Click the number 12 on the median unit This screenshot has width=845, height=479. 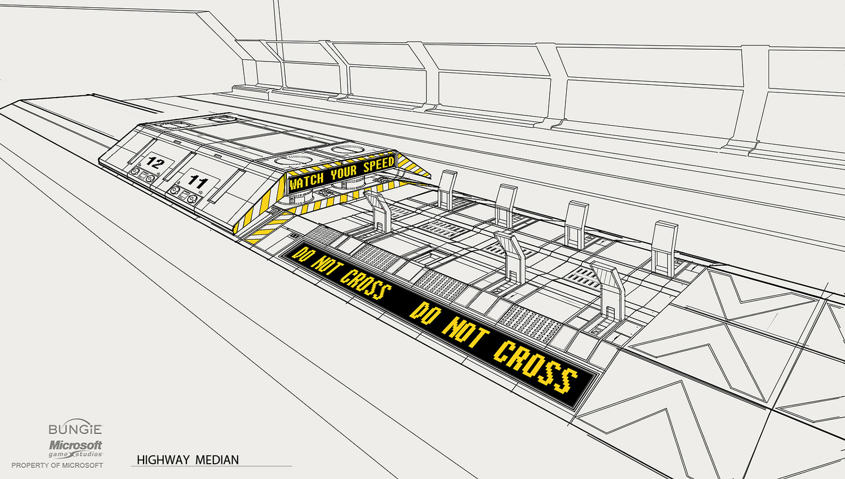154,163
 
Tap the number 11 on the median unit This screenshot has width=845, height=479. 198,181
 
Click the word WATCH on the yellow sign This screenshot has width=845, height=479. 306,181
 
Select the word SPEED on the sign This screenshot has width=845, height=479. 379,165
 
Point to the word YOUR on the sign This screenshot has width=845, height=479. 344,172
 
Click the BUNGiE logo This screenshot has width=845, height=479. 75,429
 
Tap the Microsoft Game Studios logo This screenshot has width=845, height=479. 75,449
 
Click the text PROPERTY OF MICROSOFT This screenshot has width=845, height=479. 57,465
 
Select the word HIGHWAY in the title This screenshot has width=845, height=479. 163,460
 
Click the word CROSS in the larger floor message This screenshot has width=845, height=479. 535,367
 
